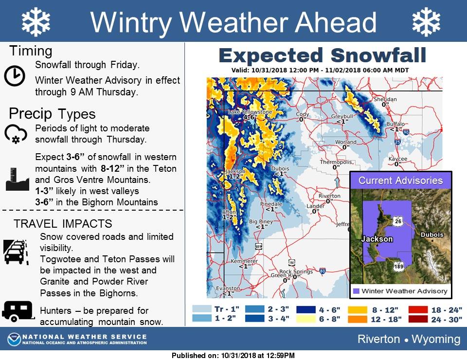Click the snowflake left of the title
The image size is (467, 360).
pyautogui.click(x=36, y=22)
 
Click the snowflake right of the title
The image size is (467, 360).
pyautogui.click(x=426, y=22)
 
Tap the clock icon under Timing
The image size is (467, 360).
pyautogui.click(x=15, y=76)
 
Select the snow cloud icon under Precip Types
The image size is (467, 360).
pyautogui.click(x=16, y=134)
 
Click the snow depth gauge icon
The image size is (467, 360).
pyautogui.click(x=18, y=179)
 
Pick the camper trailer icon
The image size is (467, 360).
pyautogui.click(x=18, y=311)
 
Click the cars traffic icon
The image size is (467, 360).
pyautogui.click(x=16, y=252)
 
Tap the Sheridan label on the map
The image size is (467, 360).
pyautogui.click(x=385, y=99)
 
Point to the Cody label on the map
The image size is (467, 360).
pyautogui.click(x=302, y=114)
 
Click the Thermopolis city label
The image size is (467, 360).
pyautogui.click(x=336, y=162)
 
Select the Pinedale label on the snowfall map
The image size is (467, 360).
pyautogui.click(x=271, y=204)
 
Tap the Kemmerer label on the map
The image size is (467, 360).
pyautogui.click(x=244, y=261)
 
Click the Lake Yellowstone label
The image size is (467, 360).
pyautogui.click(x=250, y=112)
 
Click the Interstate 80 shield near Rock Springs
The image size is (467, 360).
pyautogui.click(x=322, y=271)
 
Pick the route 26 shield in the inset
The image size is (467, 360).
pyautogui.click(x=398, y=221)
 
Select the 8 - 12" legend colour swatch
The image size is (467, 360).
pyautogui.click(x=358, y=309)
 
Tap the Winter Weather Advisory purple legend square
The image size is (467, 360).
pyautogui.click(x=356, y=291)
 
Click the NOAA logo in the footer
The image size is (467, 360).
pyautogui.click(x=14, y=339)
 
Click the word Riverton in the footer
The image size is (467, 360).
pyautogui.click(x=378, y=339)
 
